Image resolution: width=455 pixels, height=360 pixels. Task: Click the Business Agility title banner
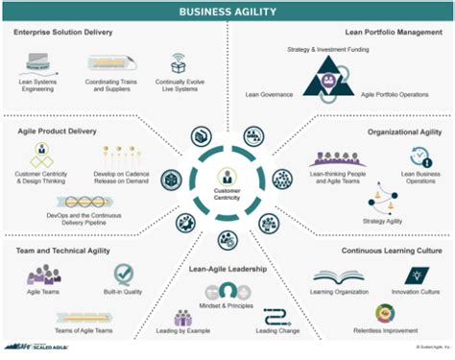point(227,12)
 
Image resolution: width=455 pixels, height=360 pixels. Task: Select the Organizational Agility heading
point(403,133)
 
